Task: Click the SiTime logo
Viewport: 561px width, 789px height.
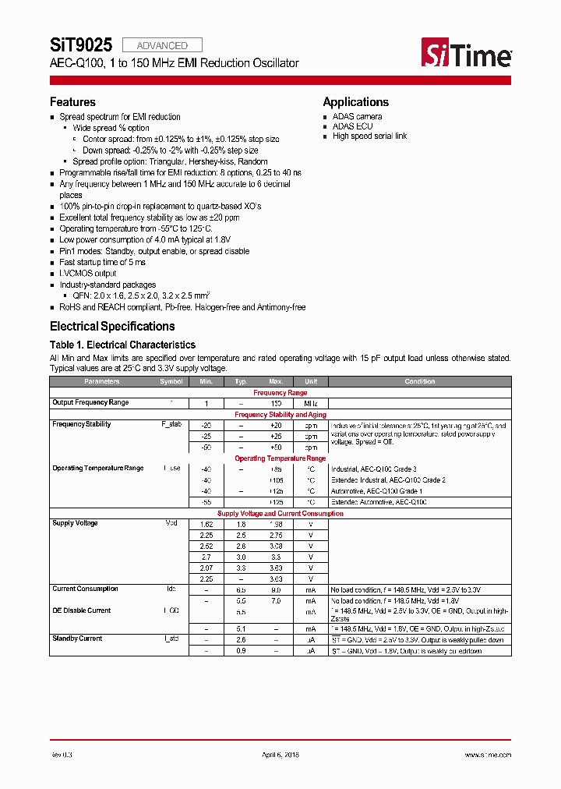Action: (467, 54)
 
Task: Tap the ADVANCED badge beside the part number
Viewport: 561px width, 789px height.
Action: (162, 45)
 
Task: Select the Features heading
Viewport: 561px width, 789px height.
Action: (72, 102)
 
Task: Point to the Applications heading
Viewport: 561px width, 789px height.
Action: (355, 102)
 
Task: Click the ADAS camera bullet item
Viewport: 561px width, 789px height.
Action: (357, 117)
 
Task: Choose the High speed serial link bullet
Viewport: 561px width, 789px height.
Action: (369, 136)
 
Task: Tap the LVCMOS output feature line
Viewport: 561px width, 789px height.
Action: (89, 274)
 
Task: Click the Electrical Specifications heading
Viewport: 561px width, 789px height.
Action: (112, 327)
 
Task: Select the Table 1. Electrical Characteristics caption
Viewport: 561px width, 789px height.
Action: (122, 345)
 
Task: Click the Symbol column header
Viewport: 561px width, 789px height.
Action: (171, 382)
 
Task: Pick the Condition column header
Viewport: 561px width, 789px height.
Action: (420, 382)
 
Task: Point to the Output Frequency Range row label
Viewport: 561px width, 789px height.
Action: (90, 403)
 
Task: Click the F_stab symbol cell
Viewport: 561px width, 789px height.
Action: (171, 425)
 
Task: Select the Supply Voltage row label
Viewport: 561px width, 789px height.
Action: (75, 523)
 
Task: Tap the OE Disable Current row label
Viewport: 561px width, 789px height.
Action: (82, 610)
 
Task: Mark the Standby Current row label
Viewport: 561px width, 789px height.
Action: (77, 639)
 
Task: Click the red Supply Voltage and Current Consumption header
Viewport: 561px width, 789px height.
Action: (280, 514)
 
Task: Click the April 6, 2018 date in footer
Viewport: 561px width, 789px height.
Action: (280, 755)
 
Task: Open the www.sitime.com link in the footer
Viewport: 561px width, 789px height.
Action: (488, 755)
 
